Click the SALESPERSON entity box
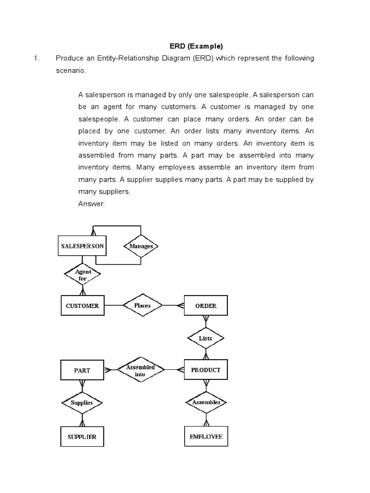pyautogui.click(x=82, y=246)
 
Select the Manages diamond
pyautogui.click(x=141, y=246)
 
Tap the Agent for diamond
pyautogui.click(x=83, y=275)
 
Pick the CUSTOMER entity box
pyautogui.click(x=82, y=306)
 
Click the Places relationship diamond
pyautogui.click(x=143, y=306)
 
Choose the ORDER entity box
pyautogui.click(x=206, y=306)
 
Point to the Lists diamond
pyautogui.click(x=206, y=338)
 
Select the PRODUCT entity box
pyautogui.click(x=206, y=370)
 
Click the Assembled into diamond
pyautogui.click(x=140, y=370)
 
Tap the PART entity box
pyautogui.click(x=82, y=370)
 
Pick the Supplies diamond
pyautogui.click(x=82, y=402)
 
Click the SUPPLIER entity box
pyautogui.click(x=82, y=437)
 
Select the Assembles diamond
pyautogui.click(x=206, y=402)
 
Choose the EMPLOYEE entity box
pyautogui.click(x=206, y=437)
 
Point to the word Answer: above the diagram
pyautogui.click(x=92, y=204)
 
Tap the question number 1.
pyautogui.click(x=36, y=58)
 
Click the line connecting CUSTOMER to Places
pyautogui.click(x=114, y=306)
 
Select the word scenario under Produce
pyautogui.click(x=70, y=70)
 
